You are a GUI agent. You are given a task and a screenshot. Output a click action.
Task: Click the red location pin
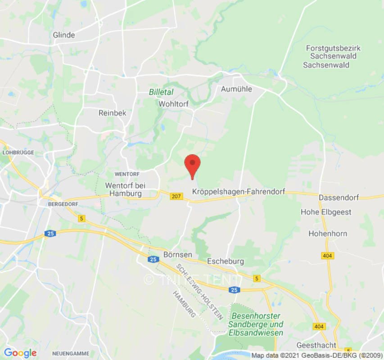(x=193, y=165)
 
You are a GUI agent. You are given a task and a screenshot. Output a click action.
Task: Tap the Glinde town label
(x=64, y=35)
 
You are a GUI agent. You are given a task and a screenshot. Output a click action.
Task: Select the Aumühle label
(x=236, y=89)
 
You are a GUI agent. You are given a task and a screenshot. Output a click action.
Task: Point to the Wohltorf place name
(x=173, y=103)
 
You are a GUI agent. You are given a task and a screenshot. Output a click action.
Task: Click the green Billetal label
(x=161, y=92)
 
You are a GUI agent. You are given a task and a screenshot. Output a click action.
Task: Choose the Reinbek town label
(x=112, y=113)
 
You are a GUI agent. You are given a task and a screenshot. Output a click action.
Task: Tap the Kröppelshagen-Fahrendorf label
(x=239, y=192)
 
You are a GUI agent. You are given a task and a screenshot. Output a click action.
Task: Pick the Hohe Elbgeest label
(x=326, y=212)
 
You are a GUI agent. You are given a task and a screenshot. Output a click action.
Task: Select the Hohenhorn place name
(x=328, y=234)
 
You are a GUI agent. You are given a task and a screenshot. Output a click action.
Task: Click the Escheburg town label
(x=226, y=261)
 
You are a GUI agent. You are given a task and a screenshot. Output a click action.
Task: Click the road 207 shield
(x=176, y=196)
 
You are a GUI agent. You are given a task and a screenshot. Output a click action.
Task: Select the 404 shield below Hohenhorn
(x=328, y=255)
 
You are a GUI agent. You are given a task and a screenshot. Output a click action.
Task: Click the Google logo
(x=20, y=353)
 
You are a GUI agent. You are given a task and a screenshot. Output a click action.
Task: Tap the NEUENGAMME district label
(x=71, y=353)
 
